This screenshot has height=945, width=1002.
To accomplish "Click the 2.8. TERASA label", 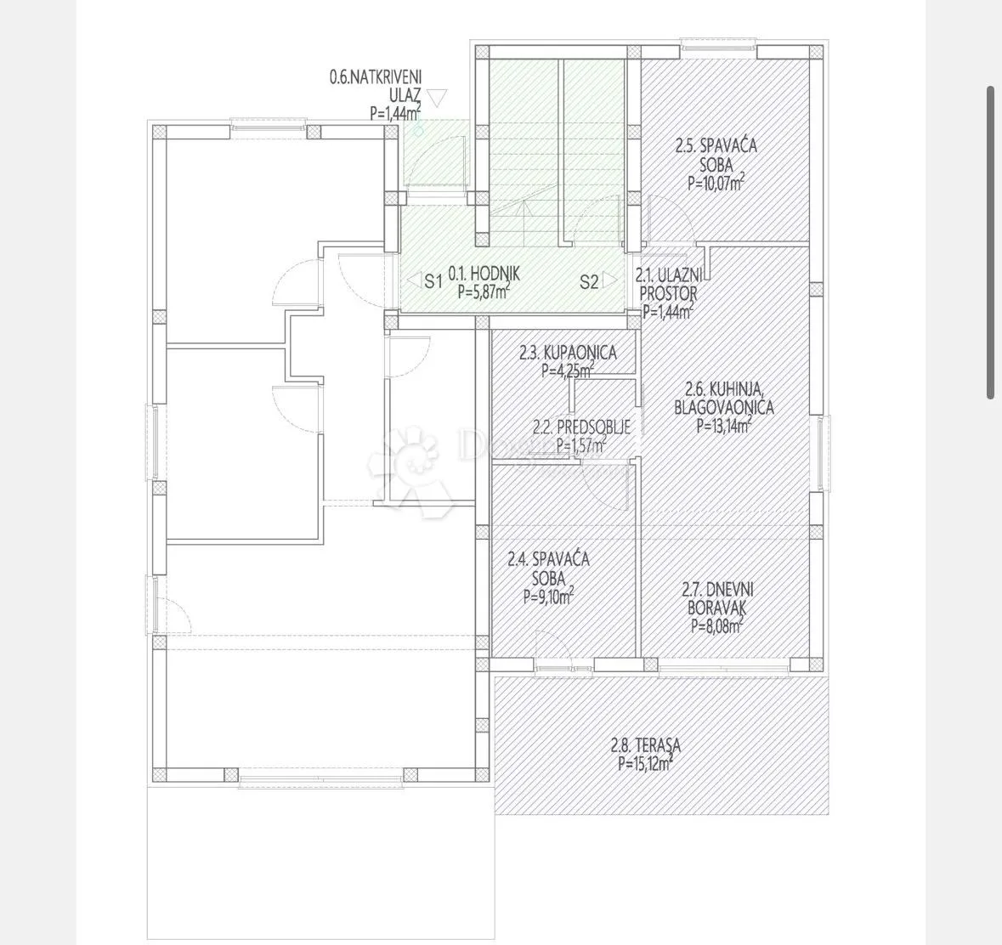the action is [x=645, y=745].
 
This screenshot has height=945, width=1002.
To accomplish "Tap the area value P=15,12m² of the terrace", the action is [x=645, y=762].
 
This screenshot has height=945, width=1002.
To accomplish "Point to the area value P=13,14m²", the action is [x=723, y=426].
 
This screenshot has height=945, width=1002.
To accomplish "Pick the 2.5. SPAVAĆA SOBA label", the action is [x=716, y=155].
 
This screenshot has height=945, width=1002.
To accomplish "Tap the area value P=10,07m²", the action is [x=716, y=184].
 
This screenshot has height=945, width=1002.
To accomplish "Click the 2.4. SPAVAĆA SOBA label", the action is [x=549, y=568].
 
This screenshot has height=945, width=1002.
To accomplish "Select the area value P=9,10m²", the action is [x=548, y=596].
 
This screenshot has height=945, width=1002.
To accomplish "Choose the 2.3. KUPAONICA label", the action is [x=568, y=352].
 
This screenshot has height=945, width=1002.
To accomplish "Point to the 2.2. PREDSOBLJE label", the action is [x=582, y=426].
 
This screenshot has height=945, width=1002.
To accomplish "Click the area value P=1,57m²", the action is [x=581, y=444].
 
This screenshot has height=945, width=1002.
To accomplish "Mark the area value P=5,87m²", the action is [x=484, y=292].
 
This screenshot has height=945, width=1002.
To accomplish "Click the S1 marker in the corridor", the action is [x=434, y=280].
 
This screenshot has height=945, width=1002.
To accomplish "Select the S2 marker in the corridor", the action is [x=589, y=281].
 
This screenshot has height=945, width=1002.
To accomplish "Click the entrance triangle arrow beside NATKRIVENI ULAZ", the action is [x=437, y=97].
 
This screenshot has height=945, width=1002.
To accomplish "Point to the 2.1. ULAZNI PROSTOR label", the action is [x=669, y=284].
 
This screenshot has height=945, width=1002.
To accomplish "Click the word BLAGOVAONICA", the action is [x=724, y=407].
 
